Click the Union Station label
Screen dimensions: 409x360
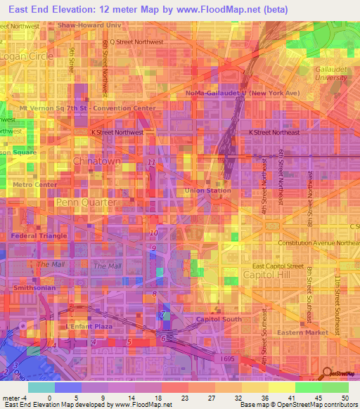click(207, 190)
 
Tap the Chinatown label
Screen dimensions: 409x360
click(96, 162)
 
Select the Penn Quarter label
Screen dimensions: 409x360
click(86, 202)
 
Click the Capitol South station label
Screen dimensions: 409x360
click(219, 320)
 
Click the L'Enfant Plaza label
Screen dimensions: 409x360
click(84, 327)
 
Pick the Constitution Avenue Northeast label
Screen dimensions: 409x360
click(318, 242)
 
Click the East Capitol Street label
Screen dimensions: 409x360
click(278, 266)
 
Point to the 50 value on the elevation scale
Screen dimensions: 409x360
click(345, 397)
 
